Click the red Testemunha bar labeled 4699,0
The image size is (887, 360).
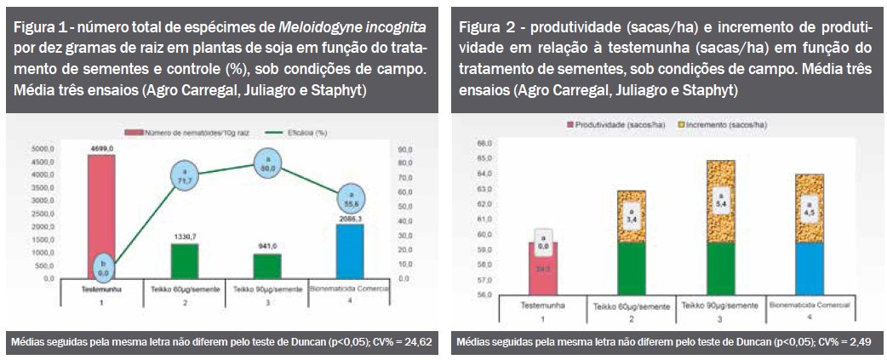tap(100, 213)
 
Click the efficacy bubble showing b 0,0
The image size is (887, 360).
tap(101, 266)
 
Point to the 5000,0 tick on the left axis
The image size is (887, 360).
tap(42, 148)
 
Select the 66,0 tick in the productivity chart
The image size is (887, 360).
tap(484, 142)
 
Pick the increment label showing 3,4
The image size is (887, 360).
tap(632, 214)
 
